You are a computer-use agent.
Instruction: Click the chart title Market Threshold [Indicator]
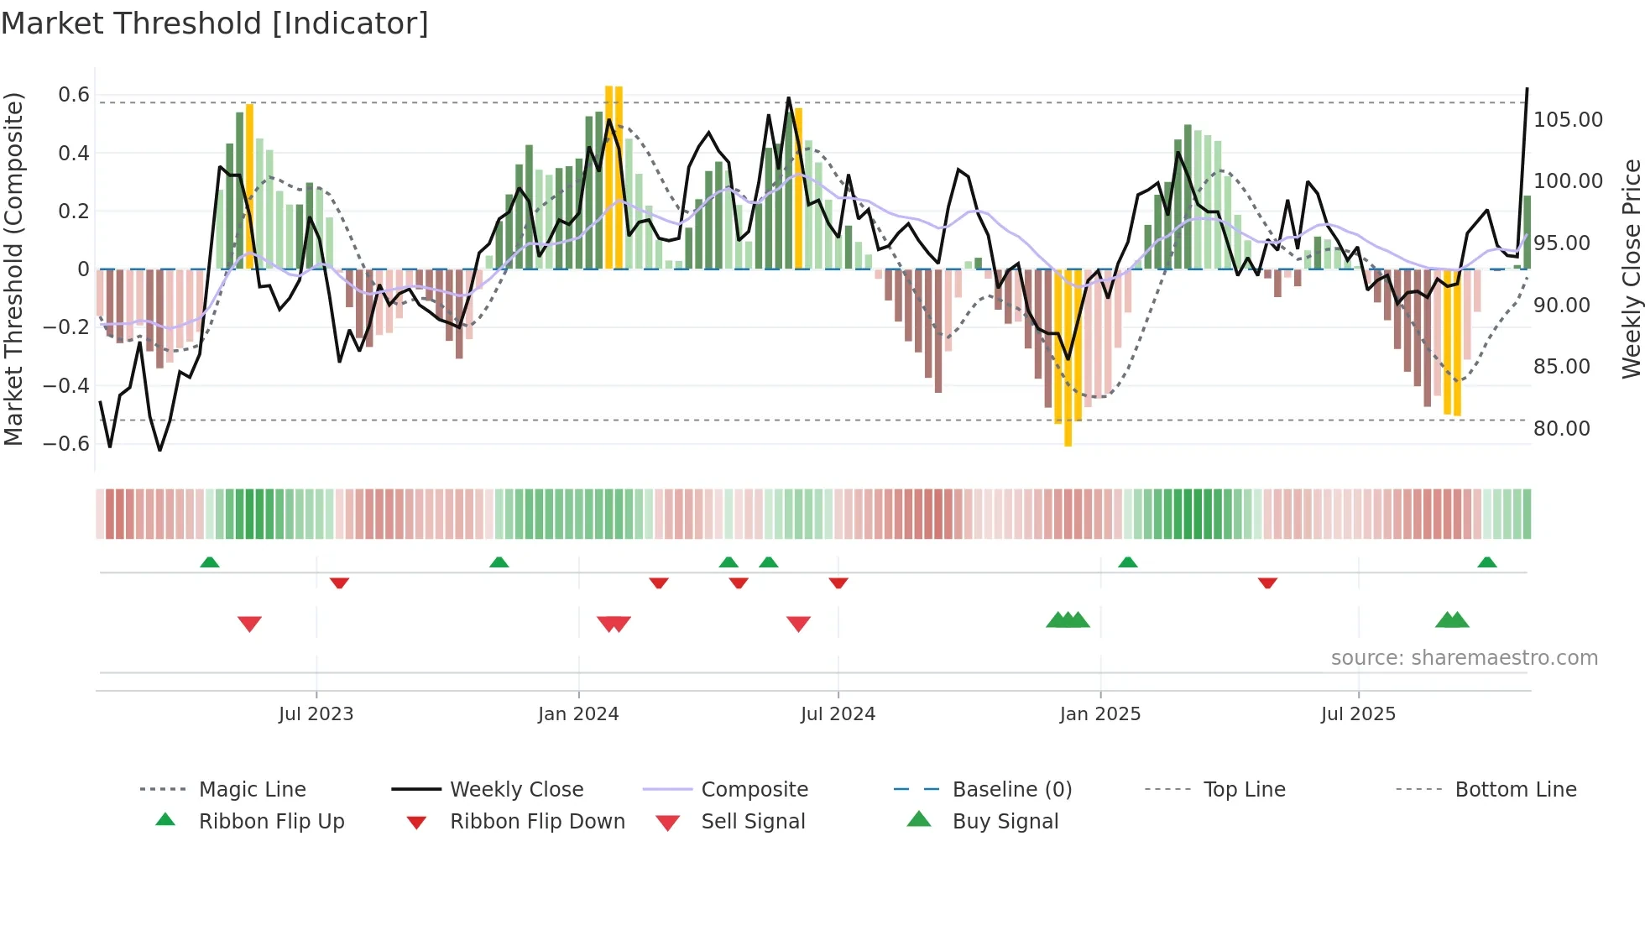215,24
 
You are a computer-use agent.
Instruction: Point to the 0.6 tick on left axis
74,95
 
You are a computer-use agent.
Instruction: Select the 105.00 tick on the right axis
1568,120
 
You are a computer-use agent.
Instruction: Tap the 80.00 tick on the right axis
1562,429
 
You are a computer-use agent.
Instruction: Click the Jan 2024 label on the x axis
578,714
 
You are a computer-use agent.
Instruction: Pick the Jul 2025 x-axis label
1358,714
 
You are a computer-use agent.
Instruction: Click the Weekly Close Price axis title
1631,269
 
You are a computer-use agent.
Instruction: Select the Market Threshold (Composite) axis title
13,269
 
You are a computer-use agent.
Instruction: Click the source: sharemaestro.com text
1464,658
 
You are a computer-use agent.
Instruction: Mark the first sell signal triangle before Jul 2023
249,624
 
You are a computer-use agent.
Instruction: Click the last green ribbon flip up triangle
1487,562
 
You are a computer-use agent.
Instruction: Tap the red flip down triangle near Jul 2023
339,583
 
